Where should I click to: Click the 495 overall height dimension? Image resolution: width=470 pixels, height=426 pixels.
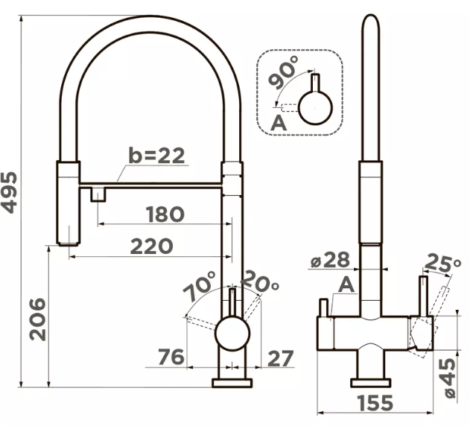pos(9,192)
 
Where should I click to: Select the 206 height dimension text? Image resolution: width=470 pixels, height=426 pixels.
pos(38,319)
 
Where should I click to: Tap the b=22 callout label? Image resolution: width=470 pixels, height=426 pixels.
pos(156,156)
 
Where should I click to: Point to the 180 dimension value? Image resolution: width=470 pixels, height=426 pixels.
pos(165,214)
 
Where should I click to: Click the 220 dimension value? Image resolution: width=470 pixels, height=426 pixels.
pos(152,246)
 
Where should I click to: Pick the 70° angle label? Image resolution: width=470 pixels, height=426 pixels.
pos(200,286)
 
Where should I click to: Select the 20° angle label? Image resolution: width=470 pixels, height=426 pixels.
pos(259,281)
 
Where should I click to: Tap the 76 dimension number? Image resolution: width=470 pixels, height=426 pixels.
pos(171,357)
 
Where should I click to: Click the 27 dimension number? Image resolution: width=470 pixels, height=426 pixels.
pos(280,358)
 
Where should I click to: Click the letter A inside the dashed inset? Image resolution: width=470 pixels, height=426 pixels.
pos(279,123)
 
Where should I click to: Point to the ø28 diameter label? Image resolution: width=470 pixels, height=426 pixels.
pos(330,260)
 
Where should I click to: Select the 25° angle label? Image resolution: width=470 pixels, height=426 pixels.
pos(443,263)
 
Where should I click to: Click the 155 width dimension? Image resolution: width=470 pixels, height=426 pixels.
pos(375,403)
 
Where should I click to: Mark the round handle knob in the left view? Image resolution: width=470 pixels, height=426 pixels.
pos(232,333)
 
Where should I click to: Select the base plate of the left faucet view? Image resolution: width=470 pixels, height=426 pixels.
pos(232,383)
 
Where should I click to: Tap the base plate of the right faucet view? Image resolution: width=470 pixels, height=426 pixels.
pos(371,383)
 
